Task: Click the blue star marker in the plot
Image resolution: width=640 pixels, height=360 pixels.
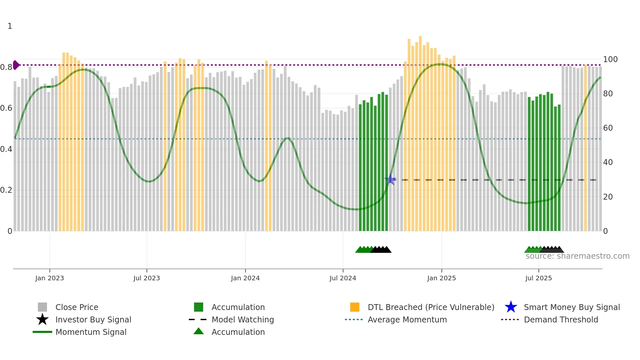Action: pyautogui.click(x=390, y=179)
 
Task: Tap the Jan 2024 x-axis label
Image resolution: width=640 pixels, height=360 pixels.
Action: pyautogui.click(x=245, y=278)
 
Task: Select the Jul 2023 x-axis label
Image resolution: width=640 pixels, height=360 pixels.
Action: pyautogui.click(x=147, y=278)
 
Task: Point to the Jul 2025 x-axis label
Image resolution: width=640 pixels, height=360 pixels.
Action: pyautogui.click(x=538, y=278)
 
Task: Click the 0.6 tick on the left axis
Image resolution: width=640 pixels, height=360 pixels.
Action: pyautogui.click(x=6, y=108)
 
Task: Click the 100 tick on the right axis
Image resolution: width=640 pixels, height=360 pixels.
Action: pyautogui.click(x=610, y=59)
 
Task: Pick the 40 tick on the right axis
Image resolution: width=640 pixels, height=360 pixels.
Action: pyautogui.click(x=608, y=162)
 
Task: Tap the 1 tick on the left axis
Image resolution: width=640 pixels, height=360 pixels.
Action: pyautogui.click(x=10, y=26)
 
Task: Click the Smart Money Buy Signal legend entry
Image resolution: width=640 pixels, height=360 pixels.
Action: pyautogui.click(x=571, y=307)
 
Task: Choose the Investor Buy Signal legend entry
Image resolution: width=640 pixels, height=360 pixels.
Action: pyautogui.click(x=93, y=319)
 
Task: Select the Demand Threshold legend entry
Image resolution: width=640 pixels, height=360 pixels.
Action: pyautogui.click(x=561, y=319)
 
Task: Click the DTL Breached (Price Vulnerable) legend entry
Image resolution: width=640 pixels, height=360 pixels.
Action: pyautogui.click(x=431, y=307)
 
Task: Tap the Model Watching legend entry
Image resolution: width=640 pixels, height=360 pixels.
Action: pyautogui.click(x=243, y=319)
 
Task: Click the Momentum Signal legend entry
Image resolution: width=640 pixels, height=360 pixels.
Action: pyautogui.click(x=91, y=332)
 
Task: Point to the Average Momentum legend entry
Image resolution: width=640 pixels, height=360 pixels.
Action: pyautogui.click(x=407, y=319)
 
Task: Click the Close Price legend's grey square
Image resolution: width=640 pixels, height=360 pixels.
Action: pyautogui.click(x=42, y=307)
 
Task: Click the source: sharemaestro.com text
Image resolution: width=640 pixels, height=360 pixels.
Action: pyautogui.click(x=577, y=256)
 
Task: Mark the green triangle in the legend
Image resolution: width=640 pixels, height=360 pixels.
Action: pyautogui.click(x=199, y=332)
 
